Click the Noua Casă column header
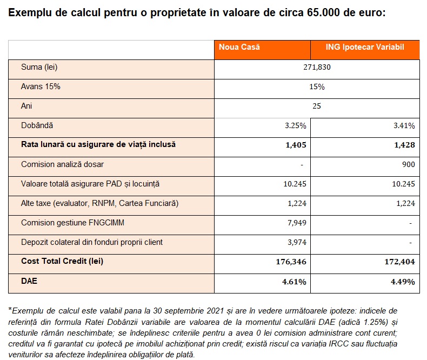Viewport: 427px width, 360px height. click(x=239, y=47)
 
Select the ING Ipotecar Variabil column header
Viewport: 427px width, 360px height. click(x=365, y=47)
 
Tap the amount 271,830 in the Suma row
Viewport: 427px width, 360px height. click(x=317, y=67)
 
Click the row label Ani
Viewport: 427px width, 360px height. click(x=26, y=105)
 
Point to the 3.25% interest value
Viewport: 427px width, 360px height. click(x=296, y=125)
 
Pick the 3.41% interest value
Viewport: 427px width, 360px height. click(x=404, y=125)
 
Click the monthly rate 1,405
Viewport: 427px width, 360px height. click(x=296, y=145)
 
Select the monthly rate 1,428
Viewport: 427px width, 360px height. click(x=404, y=145)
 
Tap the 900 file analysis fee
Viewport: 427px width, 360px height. click(x=409, y=164)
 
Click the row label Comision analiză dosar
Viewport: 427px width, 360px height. click(x=62, y=164)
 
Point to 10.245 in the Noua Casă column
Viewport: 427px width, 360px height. click(x=295, y=184)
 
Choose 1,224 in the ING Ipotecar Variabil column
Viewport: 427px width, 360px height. click(x=405, y=203)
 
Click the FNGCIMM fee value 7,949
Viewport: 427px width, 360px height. click(x=297, y=223)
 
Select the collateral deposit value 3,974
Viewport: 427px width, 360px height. click(x=297, y=242)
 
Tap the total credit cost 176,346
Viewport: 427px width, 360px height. click(x=291, y=262)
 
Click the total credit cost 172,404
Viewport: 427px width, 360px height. click(x=400, y=262)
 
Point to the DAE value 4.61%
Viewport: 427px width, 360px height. click(x=294, y=282)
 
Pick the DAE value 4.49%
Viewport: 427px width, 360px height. click(x=403, y=282)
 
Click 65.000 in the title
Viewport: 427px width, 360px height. click(x=324, y=12)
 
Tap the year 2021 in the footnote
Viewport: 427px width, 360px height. click(x=215, y=311)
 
